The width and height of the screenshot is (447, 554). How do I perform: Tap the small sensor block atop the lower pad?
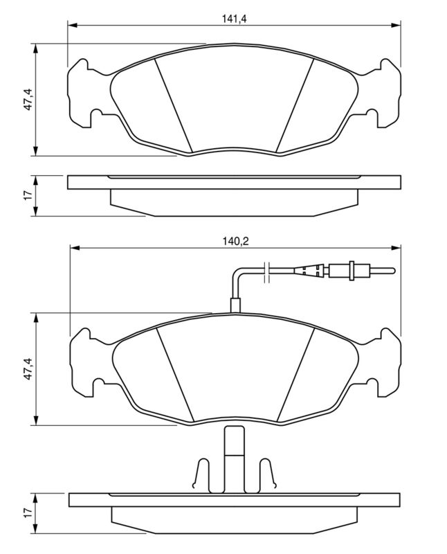pyautogui.click(x=235, y=303)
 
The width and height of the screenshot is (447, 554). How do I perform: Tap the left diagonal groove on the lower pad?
pyautogui.click(x=174, y=375)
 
